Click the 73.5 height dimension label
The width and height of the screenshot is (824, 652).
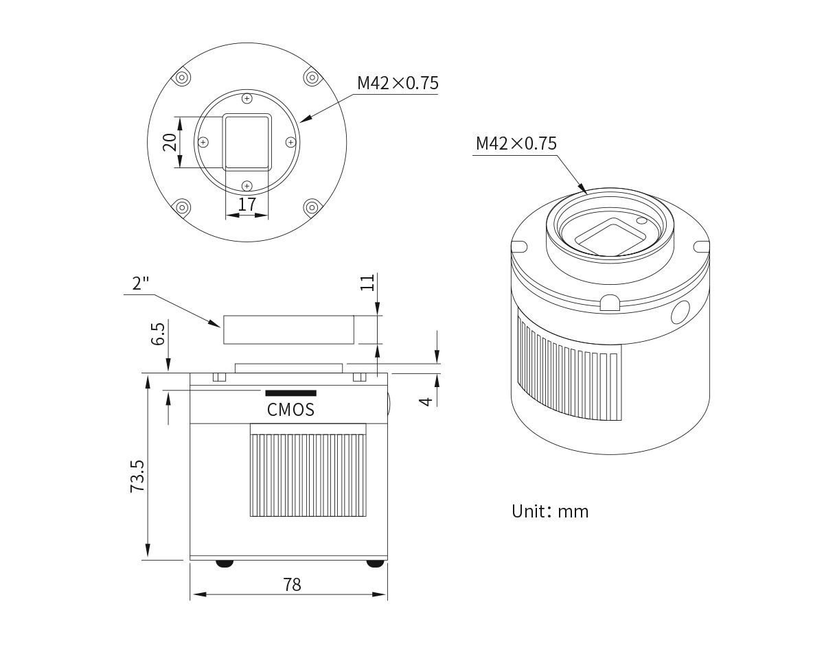coord(137,476)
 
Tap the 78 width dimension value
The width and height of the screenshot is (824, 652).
coord(292,585)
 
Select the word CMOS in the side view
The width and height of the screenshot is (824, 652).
coord(290,410)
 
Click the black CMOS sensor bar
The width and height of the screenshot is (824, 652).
coord(291,393)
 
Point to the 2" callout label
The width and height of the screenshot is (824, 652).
coord(140,283)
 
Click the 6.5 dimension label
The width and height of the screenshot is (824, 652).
coord(158,334)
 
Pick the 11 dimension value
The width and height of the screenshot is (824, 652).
coord(367,283)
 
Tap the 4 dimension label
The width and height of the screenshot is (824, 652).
coord(426,401)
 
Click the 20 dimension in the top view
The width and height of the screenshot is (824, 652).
coord(170,142)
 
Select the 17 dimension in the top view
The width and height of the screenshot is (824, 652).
coord(247,205)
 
